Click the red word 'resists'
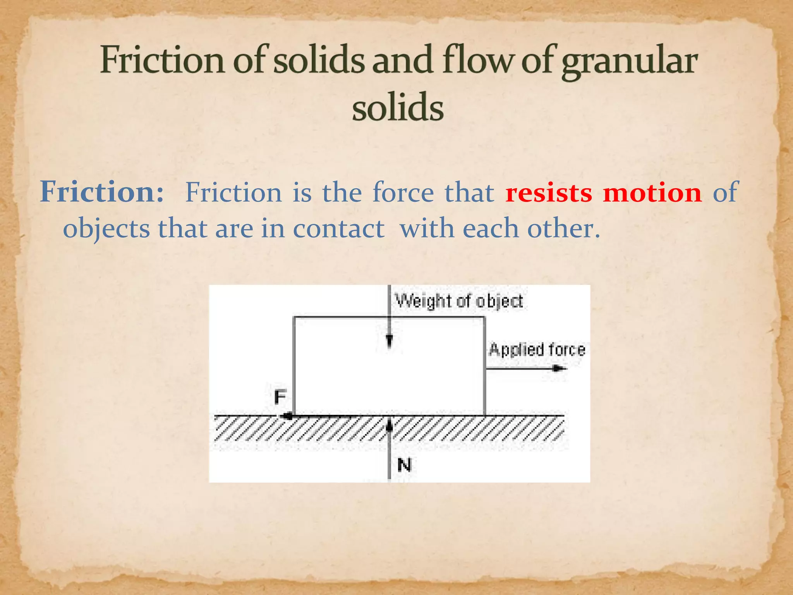[x=549, y=193]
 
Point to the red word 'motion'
[x=652, y=193]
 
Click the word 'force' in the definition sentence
[x=403, y=193]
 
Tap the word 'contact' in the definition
[x=339, y=229]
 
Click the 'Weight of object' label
[x=459, y=301]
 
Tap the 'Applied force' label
[x=537, y=350]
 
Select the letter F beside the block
[x=280, y=397]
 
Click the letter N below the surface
[x=404, y=465]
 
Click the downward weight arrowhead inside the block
[x=390, y=341]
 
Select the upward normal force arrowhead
[x=390, y=425]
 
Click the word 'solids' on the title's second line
[x=398, y=107]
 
